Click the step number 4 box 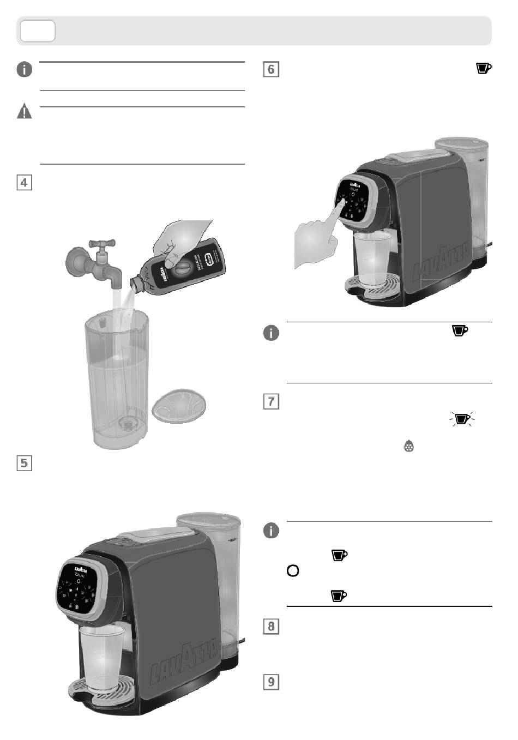(x=24, y=182)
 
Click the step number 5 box (x=24, y=463)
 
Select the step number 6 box (x=271, y=69)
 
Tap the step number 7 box (x=271, y=401)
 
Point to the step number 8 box (x=271, y=625)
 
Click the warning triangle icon (x=25, y=112)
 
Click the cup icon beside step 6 (x=484, y=68)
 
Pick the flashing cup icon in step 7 (x=462, y=419)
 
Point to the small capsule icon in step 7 (x=408, y=447)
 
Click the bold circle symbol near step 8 (x=293, y=571)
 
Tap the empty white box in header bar (x=38, y=31)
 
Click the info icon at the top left (x=25, y=70)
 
